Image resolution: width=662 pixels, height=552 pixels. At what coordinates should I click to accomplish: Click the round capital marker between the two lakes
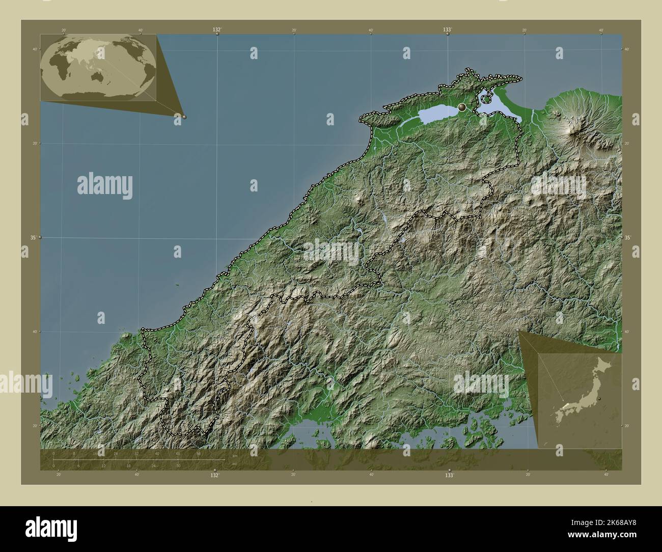pos(462,107)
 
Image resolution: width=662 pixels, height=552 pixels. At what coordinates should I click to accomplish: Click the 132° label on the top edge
pos(217,30)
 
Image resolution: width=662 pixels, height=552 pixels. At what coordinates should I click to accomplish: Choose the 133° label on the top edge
pos(447,30)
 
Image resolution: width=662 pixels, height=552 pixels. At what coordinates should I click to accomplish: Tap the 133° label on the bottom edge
pos(449,475)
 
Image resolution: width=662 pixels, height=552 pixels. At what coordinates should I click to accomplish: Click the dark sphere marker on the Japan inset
pos(599,398)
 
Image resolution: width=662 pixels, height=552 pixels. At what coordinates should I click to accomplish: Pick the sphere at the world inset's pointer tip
pos(184,117)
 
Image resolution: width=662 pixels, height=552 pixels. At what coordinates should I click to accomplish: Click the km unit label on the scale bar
pos(234,455)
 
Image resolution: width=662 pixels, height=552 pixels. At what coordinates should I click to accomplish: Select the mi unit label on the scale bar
pos(234,464)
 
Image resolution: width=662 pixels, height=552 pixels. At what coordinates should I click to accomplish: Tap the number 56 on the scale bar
pos(198,453)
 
